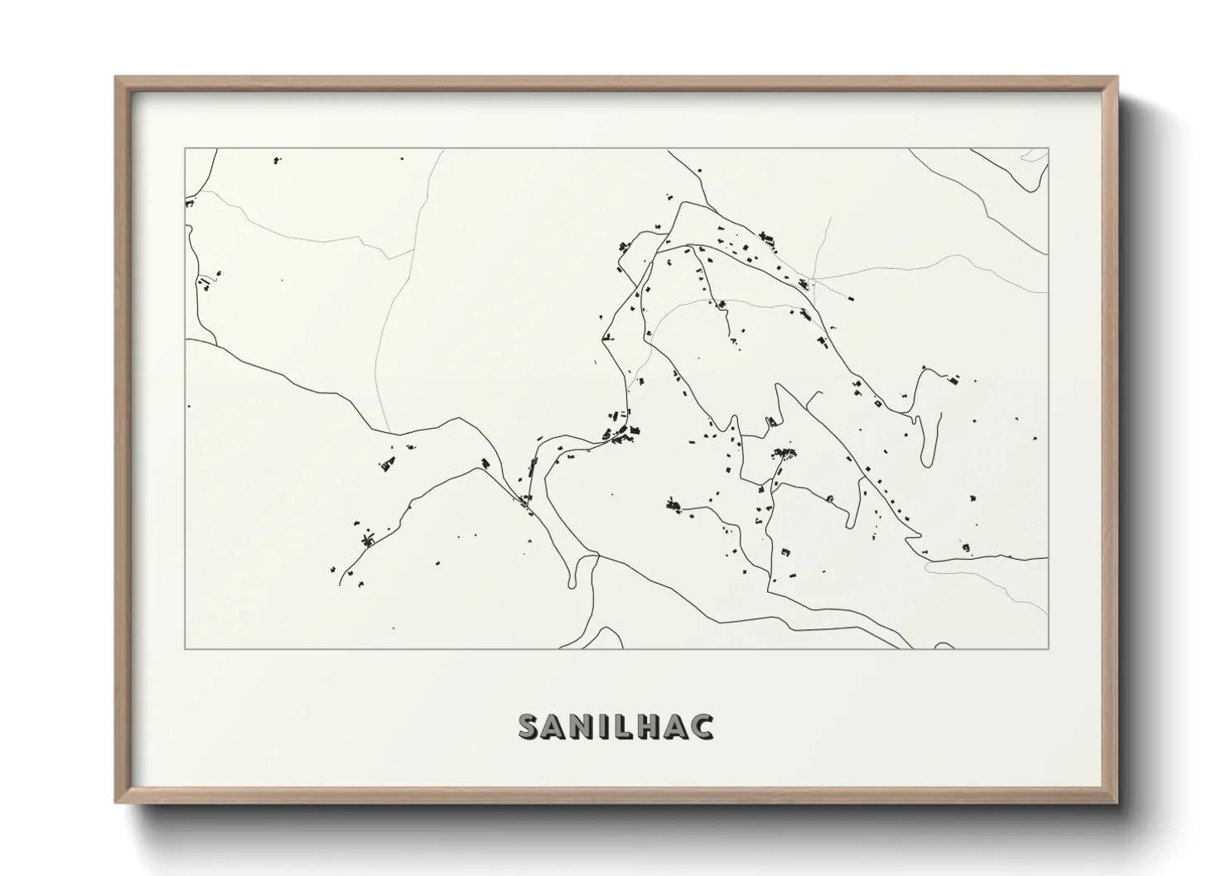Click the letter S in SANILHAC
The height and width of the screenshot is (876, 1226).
529,726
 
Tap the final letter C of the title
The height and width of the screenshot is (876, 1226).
702,726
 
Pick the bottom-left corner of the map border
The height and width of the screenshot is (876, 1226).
185,648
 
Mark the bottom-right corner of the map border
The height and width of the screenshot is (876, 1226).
1049,648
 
